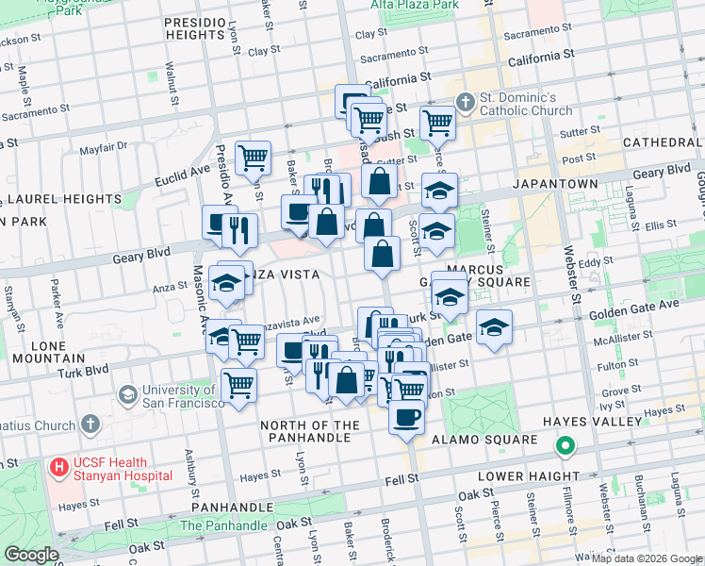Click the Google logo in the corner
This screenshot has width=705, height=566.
click(31, 555)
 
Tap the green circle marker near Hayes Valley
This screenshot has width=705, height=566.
click(565, 445)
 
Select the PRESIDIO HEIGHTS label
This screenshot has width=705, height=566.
click(206, 28)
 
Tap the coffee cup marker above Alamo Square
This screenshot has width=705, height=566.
click(407, 417)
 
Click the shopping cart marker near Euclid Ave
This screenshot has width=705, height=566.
click(253, 158)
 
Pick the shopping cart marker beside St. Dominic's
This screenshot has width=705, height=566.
click(437, 122)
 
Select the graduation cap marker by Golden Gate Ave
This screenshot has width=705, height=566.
click(494, 328)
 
